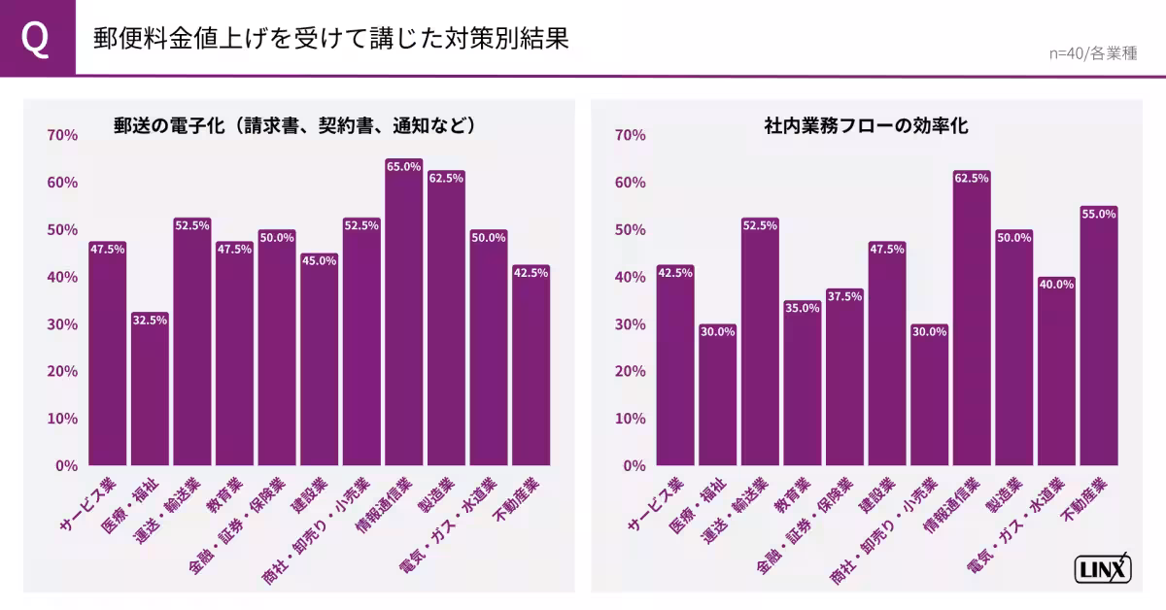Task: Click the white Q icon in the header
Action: [37, 38]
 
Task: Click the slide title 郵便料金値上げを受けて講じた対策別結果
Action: [330, 38]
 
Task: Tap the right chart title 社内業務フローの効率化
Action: [866, 125]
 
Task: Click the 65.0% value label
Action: [403, 167]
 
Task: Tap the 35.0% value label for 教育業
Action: [803, 308]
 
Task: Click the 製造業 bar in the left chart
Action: [446, 321]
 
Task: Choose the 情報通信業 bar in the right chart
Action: [972, 321]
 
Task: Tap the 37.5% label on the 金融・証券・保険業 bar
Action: [844, 296]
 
